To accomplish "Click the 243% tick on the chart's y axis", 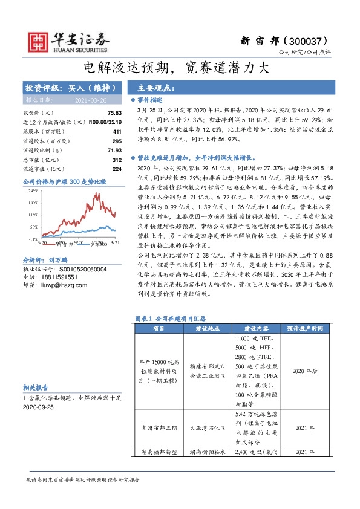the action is pos(33,190).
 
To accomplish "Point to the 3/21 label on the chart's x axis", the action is pos(113,243).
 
